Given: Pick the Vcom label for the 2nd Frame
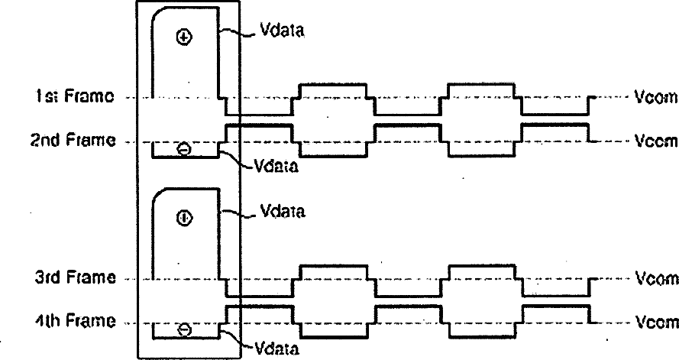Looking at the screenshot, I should [656, 141].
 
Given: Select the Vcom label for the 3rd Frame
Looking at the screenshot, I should [656, 278].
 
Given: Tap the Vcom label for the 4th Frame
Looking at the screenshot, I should [656, 322].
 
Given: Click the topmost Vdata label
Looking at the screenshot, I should [279, 33].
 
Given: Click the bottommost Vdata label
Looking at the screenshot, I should [276, 349].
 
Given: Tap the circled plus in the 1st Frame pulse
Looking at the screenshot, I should [183, 37].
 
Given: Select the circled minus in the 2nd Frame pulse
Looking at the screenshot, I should [183, 149].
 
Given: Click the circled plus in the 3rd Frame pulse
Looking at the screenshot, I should [183, 218].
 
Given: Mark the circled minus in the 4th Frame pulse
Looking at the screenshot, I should [183, 329].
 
